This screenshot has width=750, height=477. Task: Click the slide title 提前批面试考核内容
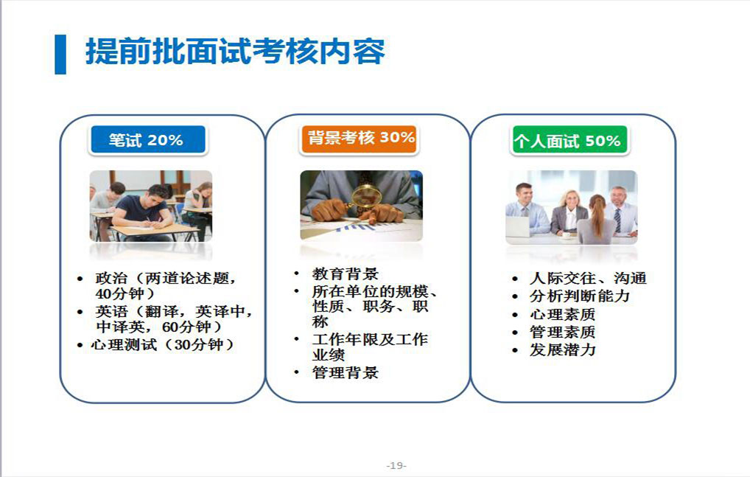(235, 51)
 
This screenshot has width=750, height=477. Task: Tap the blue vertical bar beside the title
(60, 55)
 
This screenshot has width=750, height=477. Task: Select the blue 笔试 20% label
(148, 139)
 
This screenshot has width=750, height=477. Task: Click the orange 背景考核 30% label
(359, 139)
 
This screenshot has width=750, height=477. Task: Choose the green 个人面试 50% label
(569, 139)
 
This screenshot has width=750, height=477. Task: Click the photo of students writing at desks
(151, 206)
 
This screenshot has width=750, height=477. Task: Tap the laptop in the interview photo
(517, 226)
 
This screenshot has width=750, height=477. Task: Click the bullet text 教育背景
(346, 274)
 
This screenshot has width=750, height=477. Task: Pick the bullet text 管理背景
(346, 372)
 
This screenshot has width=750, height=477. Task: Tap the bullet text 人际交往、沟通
(588, 278)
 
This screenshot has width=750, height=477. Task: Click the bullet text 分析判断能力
(579, 296)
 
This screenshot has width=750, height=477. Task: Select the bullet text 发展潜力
(563, 349)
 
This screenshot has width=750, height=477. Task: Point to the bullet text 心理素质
(563, 314)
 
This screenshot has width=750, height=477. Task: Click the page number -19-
(396, 465)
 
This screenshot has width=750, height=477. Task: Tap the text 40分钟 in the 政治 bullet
(119, 293)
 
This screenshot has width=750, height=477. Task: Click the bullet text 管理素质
(563, 332)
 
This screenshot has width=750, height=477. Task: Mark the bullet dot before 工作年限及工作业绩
(297, 339)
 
